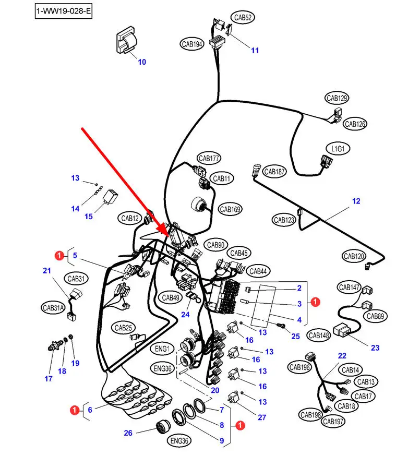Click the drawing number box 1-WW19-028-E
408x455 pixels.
[63, 11]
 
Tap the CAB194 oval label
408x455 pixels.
[191, 44]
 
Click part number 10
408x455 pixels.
[142, 62]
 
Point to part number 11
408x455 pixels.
[255, 51]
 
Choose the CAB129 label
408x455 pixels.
[337, 98]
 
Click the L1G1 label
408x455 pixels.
[338, 149]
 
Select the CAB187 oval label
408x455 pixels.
[274, 171]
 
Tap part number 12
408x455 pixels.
[356, 201]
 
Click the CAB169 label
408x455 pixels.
[230, 210]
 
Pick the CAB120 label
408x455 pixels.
[354, 256]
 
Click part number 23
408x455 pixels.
[375, 348]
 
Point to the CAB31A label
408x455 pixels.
[56, 308]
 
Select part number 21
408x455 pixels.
[47, 271]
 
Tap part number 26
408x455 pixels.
[128, 433]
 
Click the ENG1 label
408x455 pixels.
[162, 348]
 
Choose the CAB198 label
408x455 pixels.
[310, 415]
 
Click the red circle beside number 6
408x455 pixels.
[76, 410]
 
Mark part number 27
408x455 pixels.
[262, 417]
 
